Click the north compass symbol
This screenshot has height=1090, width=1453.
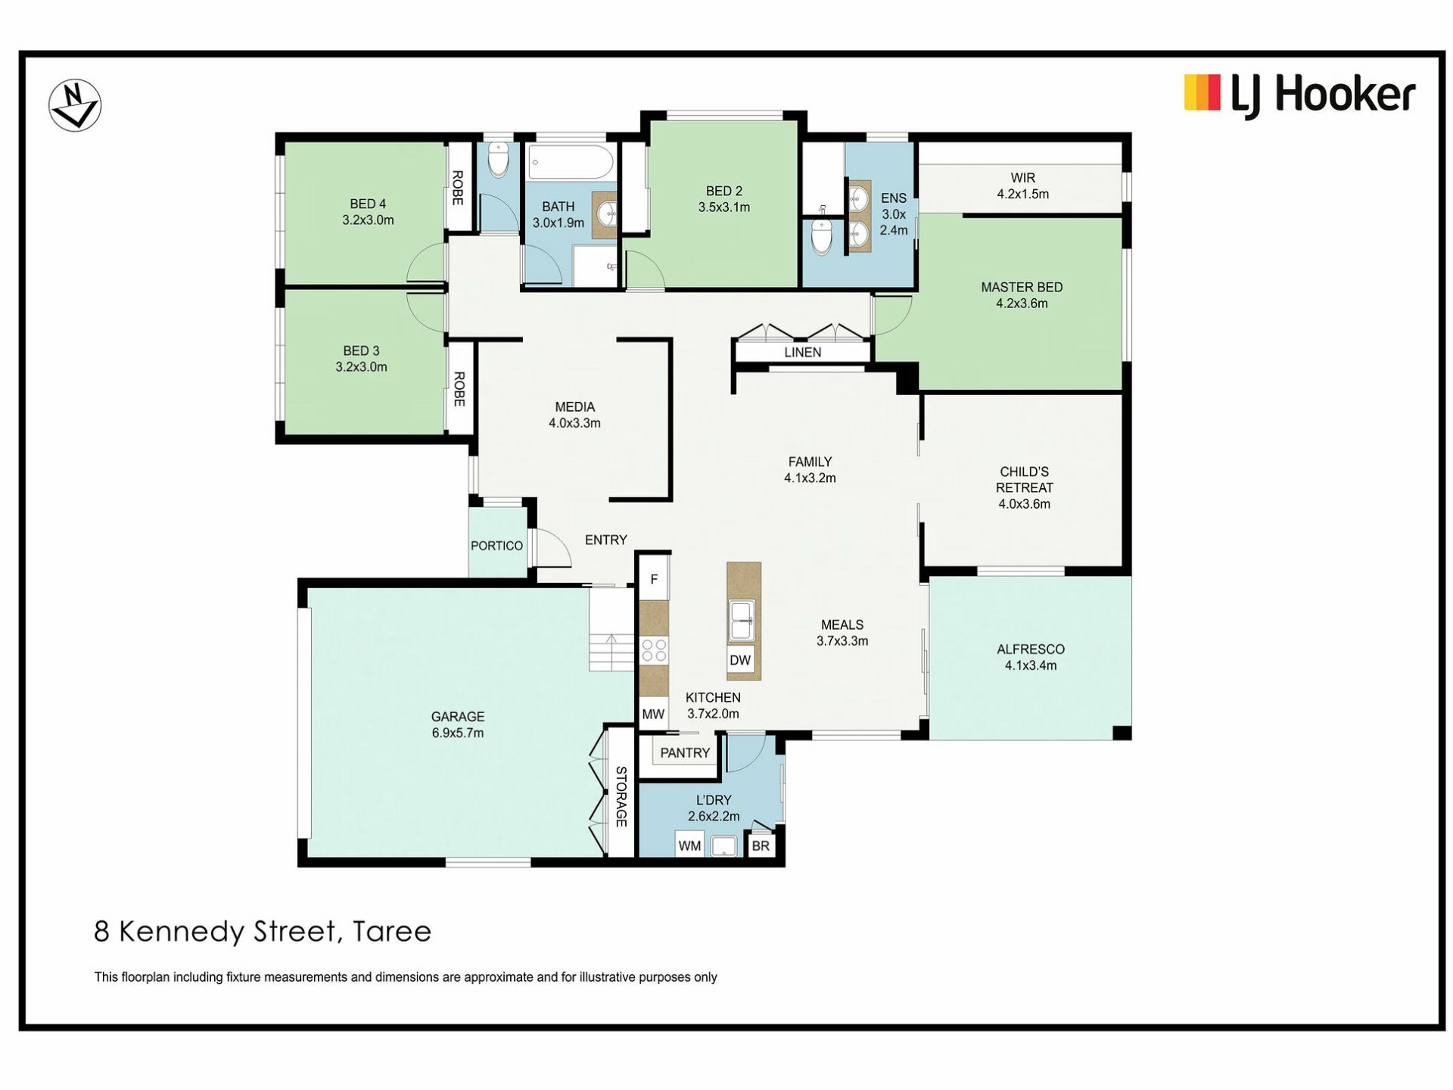pyautogui.click(x=75, y=105)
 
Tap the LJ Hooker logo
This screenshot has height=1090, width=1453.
pyautogui.click(x=1299, y=95)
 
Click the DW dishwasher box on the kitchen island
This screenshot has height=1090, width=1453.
pyautogui.click(x=740, y=660)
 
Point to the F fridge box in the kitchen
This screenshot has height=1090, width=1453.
pyautogui.click(x=655, y=580)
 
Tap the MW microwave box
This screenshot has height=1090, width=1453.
pyautogui.click(x=653, y=714)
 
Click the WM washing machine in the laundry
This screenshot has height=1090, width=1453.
pyautogui.click(x=689, y=846)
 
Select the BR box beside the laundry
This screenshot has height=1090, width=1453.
pyautogui.click(x=761, y=846)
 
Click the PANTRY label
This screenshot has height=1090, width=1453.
pyautogui.click(x=685, y=753)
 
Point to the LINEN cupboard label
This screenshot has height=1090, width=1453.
pyautogui.click(x=803, y=353)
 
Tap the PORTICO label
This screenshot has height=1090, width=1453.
pyautogui.click(x=496, y=546)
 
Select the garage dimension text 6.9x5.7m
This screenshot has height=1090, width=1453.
pyautogui.click(x=458, y=733)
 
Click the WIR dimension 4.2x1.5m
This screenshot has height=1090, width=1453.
pyautogui.click(x=1023, y=194)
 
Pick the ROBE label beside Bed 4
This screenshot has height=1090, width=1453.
pyautogui.click(x=458, y=188)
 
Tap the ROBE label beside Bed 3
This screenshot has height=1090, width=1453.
pyautogui.click(x=459, y=389)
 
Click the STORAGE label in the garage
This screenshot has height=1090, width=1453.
pyautogui.click(x=621, y=796)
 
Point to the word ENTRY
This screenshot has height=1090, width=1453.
pyautogui.click(x=606, y=540)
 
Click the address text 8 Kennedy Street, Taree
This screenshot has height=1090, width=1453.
pyautogui.click(x=263, y=932)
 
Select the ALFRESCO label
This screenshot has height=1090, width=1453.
pyautogui.click(x=1031, y=649)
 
